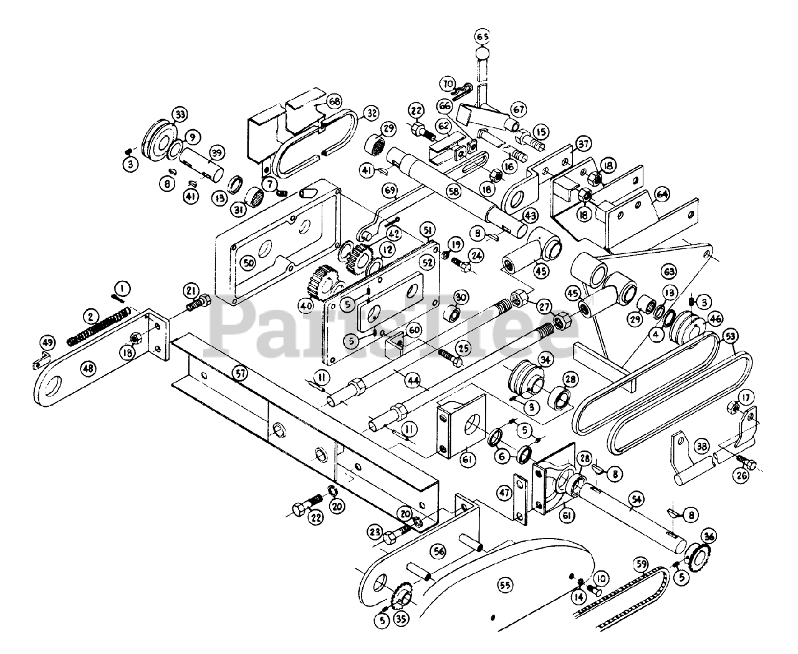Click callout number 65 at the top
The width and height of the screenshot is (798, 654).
482,35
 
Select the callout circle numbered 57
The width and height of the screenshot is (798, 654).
238,373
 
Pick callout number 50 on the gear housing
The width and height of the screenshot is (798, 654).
249,265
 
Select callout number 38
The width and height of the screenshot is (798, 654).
703,446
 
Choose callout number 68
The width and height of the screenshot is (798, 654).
334,102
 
